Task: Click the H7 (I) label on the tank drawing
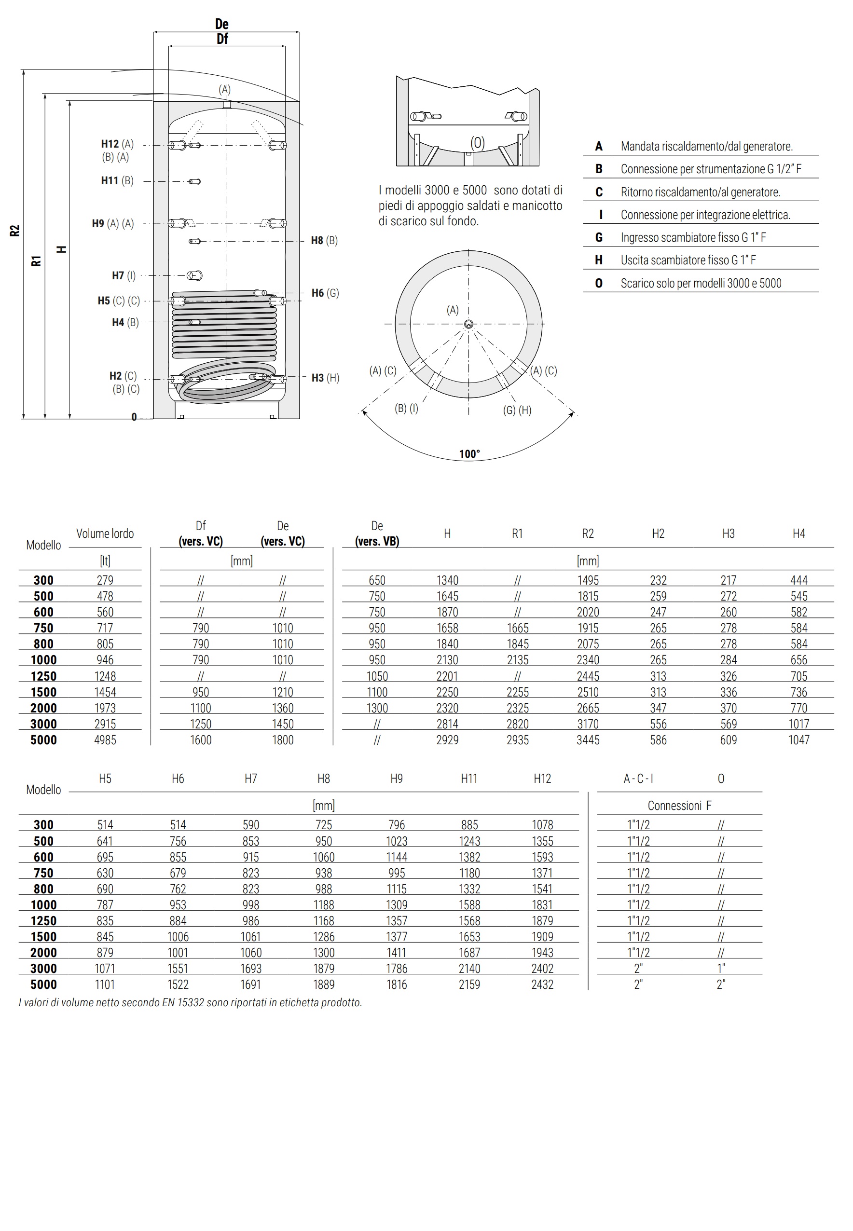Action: pos(124,276)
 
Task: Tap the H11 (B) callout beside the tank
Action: pos(117,180)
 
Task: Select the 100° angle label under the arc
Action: pos(469,454)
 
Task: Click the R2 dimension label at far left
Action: pos(14,230)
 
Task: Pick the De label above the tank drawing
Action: pos(222,24)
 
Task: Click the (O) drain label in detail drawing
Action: pos(477,143)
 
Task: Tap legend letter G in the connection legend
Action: pos(599,237)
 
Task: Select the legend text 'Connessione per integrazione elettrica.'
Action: pos(705,215)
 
